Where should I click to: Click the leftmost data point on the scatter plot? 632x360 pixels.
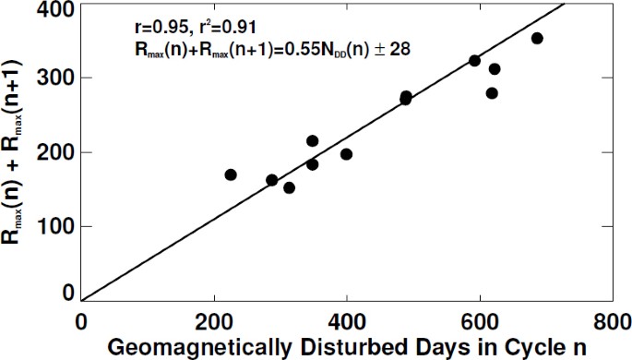[231, 174]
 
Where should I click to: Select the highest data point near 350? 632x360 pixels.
[537, 38]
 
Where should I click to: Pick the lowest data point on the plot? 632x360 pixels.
[289, 187]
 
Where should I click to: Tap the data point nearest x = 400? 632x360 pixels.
[346, 154]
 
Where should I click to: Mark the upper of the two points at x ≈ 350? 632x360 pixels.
[312, 140]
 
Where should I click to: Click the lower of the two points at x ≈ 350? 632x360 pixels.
[312, 164]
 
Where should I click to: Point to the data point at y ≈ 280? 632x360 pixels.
[492, 93]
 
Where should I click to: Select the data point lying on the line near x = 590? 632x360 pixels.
[474, 61]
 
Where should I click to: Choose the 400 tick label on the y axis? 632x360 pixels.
[55, 9]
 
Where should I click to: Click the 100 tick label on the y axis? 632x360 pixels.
[55, 226]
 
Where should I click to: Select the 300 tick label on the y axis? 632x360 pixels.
[55, 80]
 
